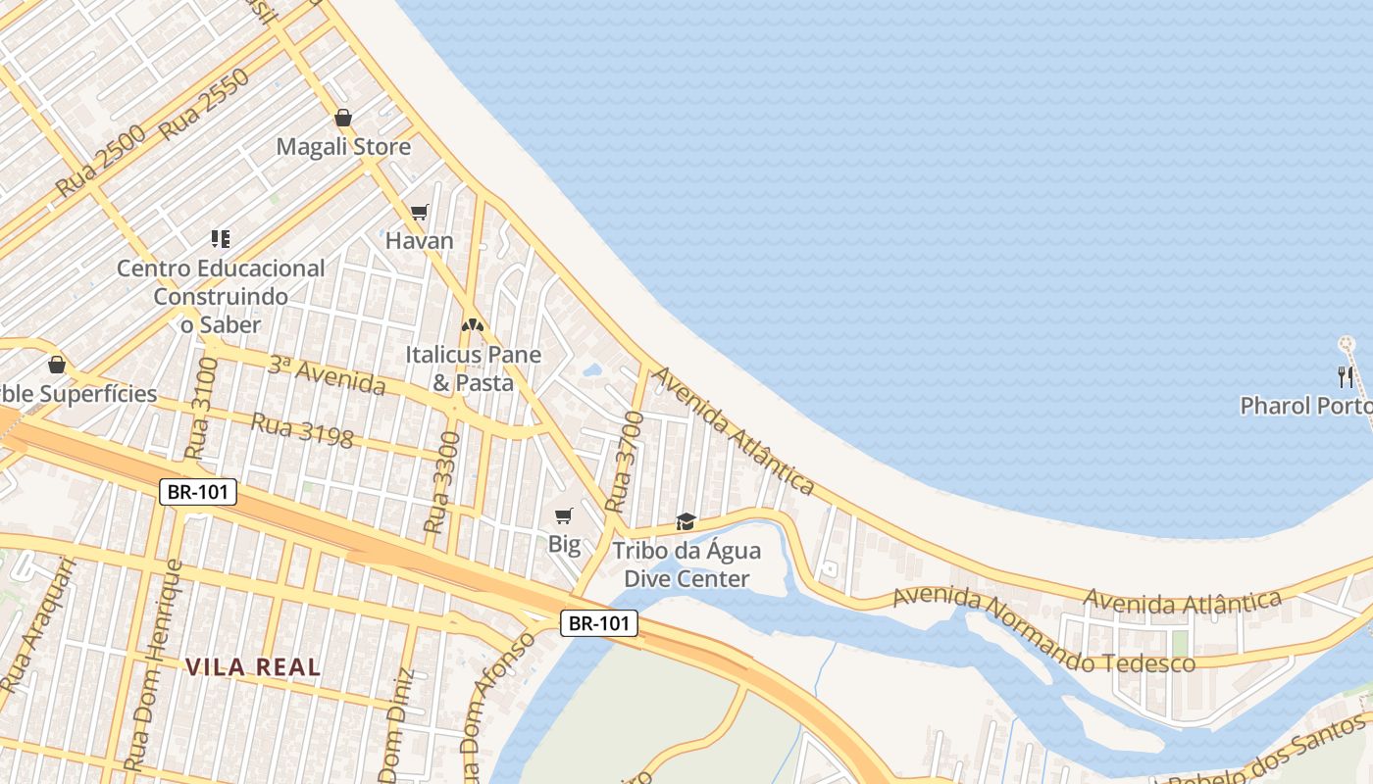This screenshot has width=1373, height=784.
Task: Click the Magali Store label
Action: (343, 147)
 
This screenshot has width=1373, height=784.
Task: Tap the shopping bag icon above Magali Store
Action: (343, 118)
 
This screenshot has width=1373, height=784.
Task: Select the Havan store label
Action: (420, 241)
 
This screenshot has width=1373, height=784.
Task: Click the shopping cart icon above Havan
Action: (420, 212)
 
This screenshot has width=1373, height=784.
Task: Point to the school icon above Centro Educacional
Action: (221, 238)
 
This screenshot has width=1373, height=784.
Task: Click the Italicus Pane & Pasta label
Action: (474, 368)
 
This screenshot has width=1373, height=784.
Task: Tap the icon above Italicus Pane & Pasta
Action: (473, 325)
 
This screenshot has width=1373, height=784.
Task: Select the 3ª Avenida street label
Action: (327, 375)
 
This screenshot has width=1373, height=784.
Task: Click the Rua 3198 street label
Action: (302, 430)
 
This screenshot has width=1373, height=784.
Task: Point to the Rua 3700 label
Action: (625, 461)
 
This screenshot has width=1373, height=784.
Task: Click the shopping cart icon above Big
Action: (564, 515)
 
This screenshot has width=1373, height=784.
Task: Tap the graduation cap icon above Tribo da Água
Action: (686, 521)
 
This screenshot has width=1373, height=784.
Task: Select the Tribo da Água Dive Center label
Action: (686, 564)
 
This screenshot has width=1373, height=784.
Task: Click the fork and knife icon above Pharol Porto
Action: (1346, 376)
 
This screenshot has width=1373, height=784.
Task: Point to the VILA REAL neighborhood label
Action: (253, 667)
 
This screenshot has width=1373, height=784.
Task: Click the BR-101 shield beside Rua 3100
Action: (198, 492)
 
